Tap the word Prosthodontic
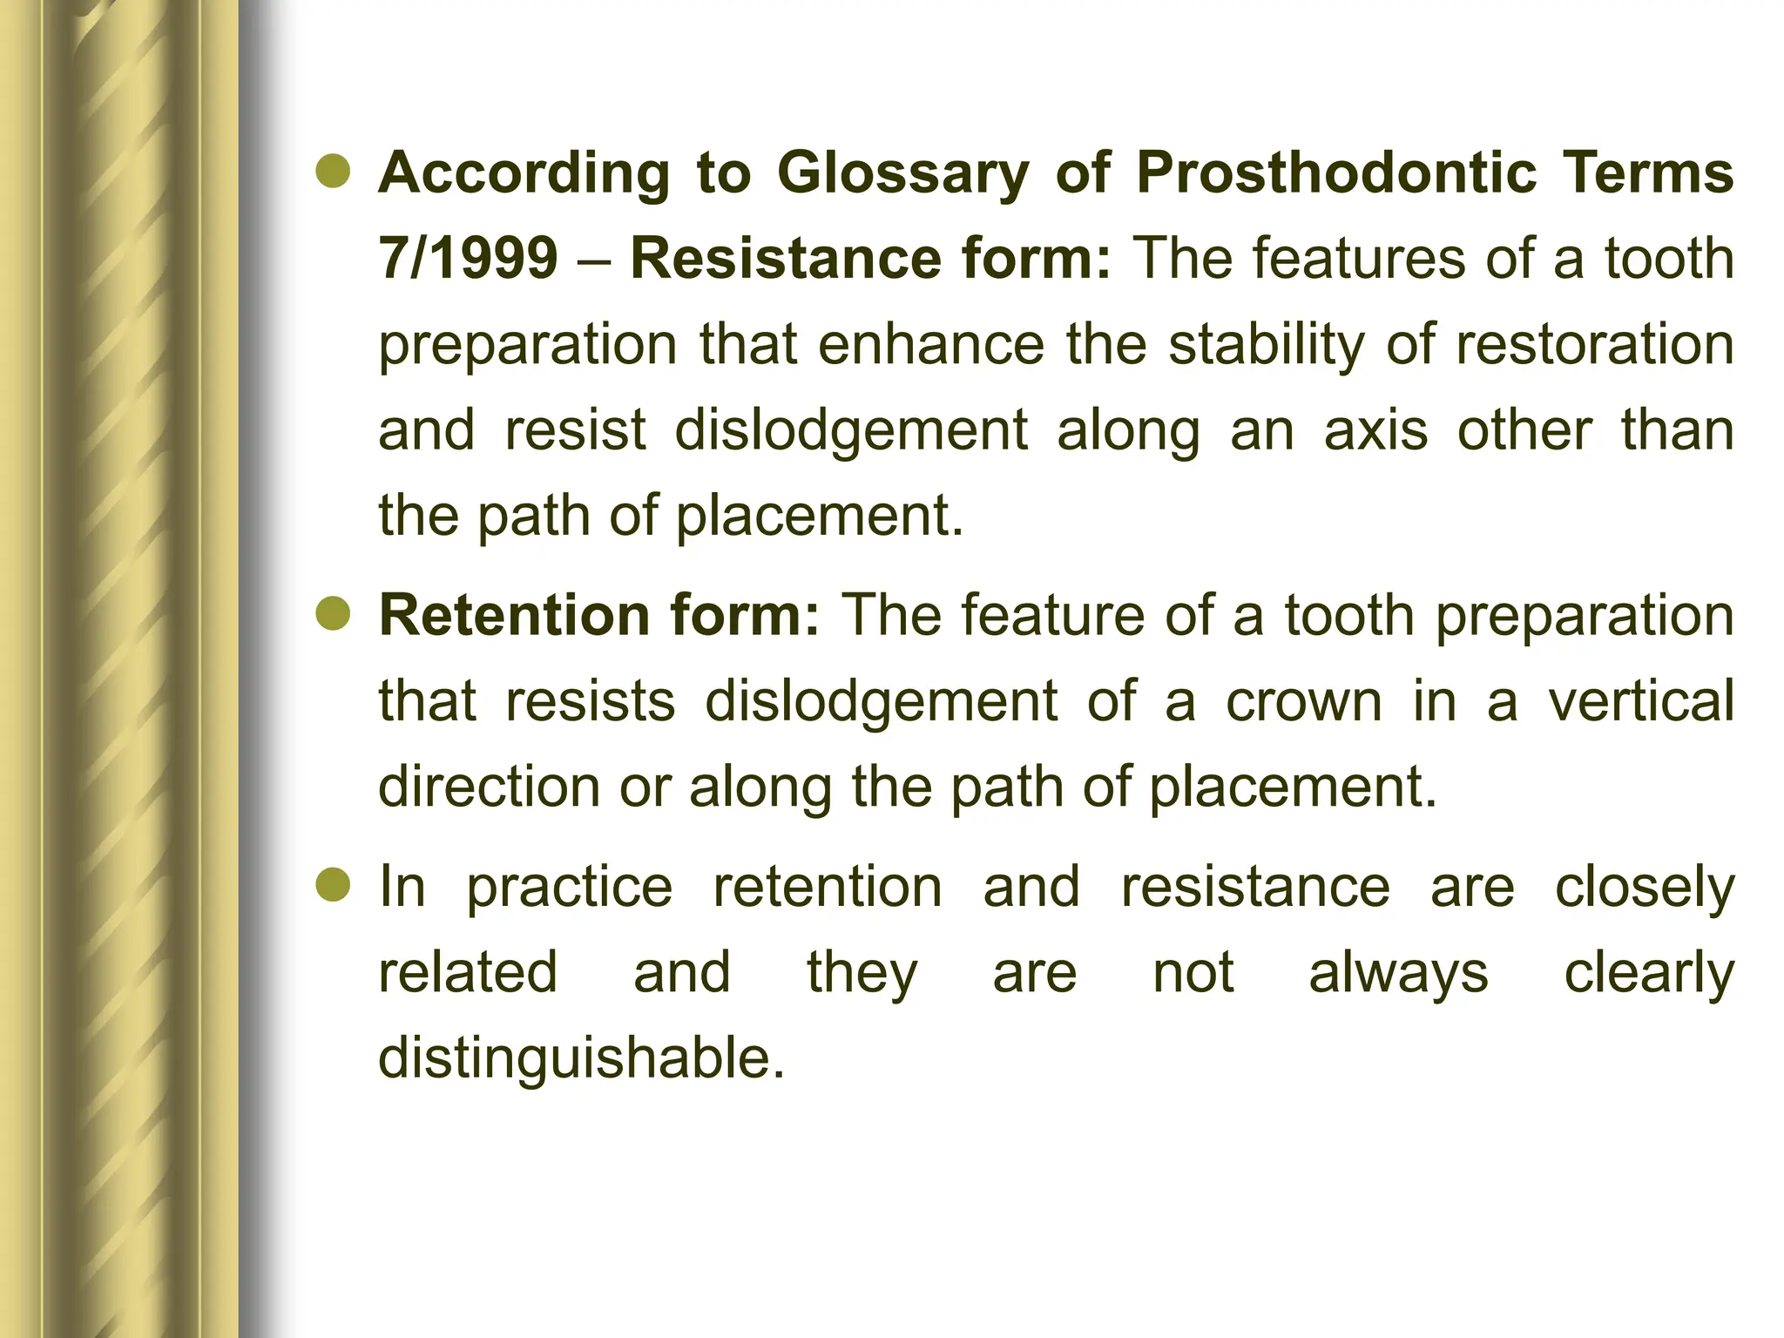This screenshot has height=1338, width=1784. [1336, 172]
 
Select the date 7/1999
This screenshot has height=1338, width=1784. [468, 258]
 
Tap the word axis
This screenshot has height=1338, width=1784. [1376, 430]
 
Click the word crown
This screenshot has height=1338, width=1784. [1304, 702]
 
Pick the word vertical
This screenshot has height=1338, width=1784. [1640, 700]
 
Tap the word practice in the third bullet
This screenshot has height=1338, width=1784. [570, 889]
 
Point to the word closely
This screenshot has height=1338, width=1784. [1645, 889]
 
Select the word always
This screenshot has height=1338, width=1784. [1398, 974]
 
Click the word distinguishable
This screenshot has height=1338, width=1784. [581, 1058]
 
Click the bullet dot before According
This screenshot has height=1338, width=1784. [333, 173]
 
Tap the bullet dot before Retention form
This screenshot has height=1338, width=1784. [333, 616]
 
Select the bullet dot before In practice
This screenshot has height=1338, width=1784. [333, 887]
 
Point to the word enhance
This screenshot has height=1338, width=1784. [930, 344]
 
